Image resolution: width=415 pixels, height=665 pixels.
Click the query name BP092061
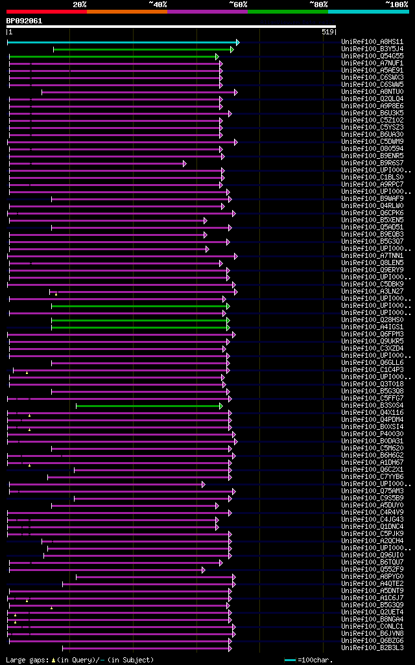pyautogui.click(x=24, y=21)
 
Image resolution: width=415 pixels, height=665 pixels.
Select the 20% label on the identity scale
pyautogui.click(x=79, y=4)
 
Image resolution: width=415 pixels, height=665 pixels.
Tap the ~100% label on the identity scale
pyautogui.click(x=397, y=4)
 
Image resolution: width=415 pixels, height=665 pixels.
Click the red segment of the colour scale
pyautogui.click(x=46, y=12)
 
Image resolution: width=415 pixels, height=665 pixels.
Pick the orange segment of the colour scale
pyautogui.click(x=126, y=12)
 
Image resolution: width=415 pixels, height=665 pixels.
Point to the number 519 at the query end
pyautogui.click(x=327, y=31)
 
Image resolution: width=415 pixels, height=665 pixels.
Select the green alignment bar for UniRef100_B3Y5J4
pyautogui.click(x=142, y=49)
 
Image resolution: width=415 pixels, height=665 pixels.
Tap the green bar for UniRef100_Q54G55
pyautogui.click(x=113, y=56)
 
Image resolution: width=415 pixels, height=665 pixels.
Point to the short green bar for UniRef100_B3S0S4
pyautogui.click(x=148, y=406)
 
